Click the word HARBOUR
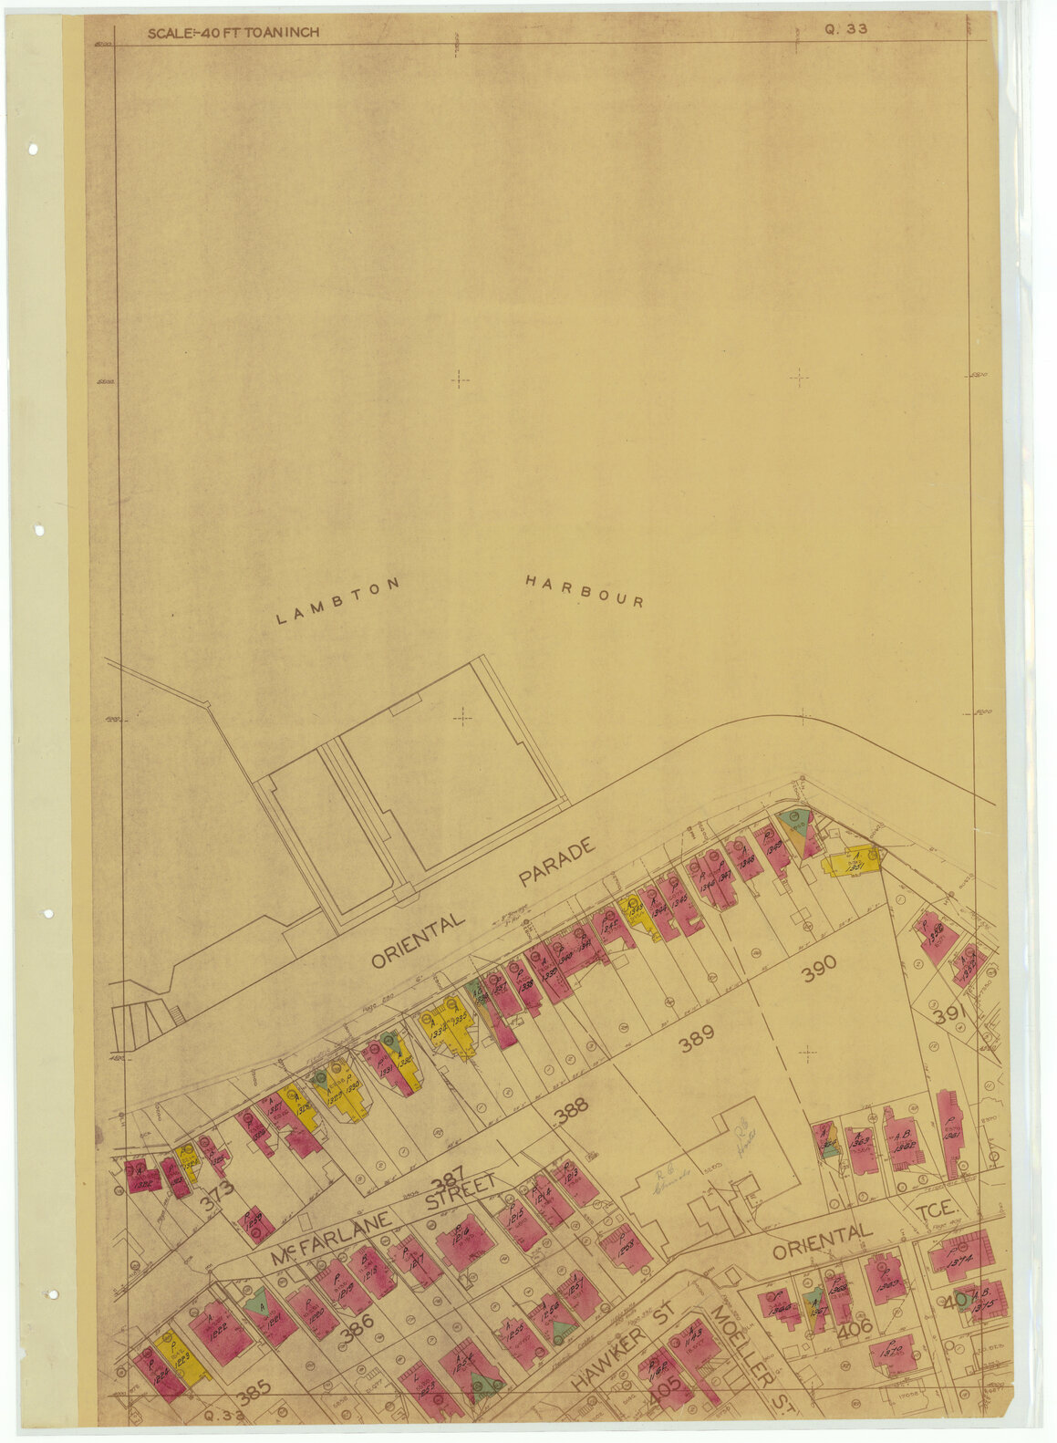pyautogui.click(x=585, y=591)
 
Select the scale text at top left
pyautogui.click(x=233, y=33)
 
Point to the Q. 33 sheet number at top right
pyautogui.click(x=845, y=28)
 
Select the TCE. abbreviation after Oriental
pyautogui.click(x=936, y=1209)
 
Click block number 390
pyautogui.click(x=818, y=973)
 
